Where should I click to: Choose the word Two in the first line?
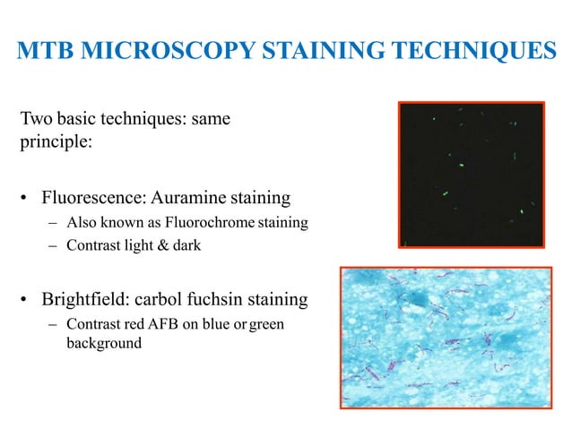(x=36, y=119)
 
